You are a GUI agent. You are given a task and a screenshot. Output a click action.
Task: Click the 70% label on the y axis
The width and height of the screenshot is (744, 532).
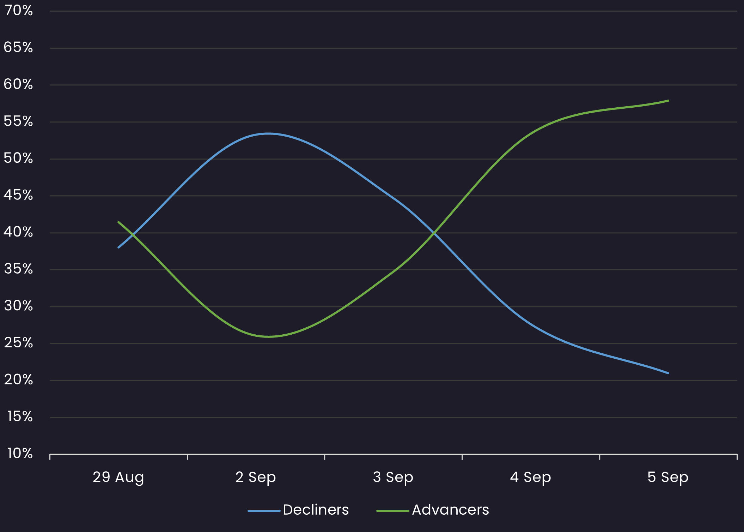[x=18, y=11]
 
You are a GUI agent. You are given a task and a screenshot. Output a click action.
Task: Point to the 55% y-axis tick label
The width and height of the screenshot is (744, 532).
[x=18, y=121]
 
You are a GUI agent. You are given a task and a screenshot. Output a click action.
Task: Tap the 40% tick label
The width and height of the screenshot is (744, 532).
[x=18, y=232]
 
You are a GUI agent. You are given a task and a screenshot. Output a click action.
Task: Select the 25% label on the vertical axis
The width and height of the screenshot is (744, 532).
[x=18, y=343]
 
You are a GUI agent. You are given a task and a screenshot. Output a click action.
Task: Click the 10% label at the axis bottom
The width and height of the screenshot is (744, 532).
[x=20, y=453]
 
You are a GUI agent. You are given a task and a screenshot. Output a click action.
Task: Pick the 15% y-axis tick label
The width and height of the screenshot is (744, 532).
[x=20, y=417]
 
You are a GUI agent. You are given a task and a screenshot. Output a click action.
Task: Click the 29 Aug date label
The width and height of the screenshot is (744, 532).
[x=118, y=477]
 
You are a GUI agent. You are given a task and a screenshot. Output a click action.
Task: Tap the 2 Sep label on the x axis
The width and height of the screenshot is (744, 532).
[x=256, y=477]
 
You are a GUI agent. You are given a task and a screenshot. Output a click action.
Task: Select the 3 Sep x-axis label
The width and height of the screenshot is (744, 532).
[x=393, y=477]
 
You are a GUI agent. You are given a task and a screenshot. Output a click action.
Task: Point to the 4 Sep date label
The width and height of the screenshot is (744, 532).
[x=530, y=477]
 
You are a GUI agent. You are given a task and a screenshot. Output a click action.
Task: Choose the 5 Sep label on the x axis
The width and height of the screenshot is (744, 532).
[x=668, y=477]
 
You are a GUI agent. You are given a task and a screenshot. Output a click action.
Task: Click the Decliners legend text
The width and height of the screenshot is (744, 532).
[x=316, y=510]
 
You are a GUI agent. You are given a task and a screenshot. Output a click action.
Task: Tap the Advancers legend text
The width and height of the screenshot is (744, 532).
[x=450, y=510]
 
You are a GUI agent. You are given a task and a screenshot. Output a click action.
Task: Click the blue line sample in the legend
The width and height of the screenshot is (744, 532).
[x=264, y=510]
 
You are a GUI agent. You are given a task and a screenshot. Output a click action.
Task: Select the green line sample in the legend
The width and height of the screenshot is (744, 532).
[x=392, y=510]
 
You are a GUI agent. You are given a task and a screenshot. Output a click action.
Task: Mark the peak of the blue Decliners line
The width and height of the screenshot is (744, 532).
[x=268, y=133]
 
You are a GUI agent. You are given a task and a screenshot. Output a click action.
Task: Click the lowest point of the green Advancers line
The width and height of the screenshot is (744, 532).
[x=268, y=337]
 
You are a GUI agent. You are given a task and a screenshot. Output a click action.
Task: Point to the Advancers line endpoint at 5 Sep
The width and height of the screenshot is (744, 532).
[x=668, y=101]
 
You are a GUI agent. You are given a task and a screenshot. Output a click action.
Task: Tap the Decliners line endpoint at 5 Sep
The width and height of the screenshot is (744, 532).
[x=668, y=373]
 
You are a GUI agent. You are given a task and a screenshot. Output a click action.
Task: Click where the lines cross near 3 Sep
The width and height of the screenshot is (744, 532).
[x=434, y=233]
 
